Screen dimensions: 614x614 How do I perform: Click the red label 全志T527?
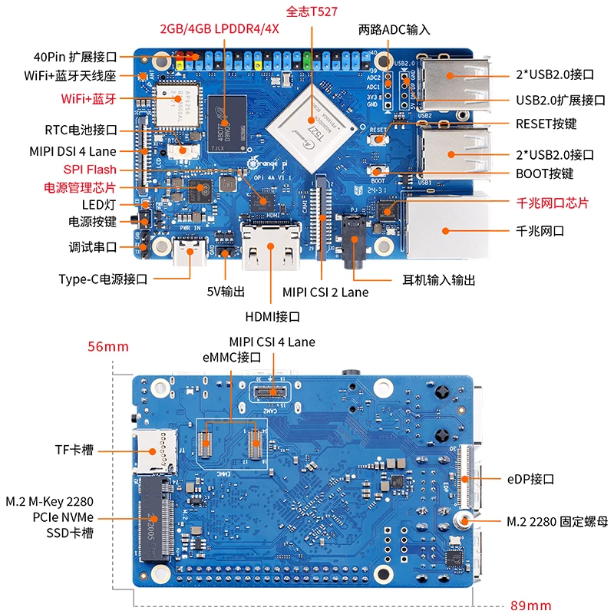point(312,12)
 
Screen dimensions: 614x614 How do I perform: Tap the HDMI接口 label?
point(272,316)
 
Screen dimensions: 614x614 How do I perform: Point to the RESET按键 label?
point(546,124)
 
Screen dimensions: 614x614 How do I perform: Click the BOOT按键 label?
point(544,174)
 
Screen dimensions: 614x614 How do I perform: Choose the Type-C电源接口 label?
point(103,279)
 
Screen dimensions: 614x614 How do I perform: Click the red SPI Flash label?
point(90,169)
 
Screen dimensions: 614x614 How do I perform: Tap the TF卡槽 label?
point(74,450)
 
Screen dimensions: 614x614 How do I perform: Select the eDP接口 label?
point(531,479)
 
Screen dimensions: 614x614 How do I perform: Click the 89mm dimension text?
point(530,605)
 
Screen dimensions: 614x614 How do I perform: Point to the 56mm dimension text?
point(107,347)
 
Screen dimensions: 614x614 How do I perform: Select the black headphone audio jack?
point(354,242)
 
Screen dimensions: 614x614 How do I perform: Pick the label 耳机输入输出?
point(439,281)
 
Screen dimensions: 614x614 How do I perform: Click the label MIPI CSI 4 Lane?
point(272,342)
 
